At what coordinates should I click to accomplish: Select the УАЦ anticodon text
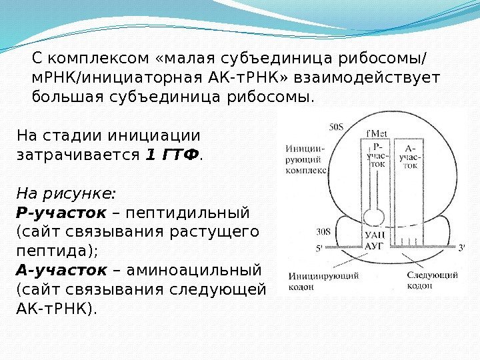pos(375,235)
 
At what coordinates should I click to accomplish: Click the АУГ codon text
pos(375,245)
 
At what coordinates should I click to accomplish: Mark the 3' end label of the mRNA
pos(463,247)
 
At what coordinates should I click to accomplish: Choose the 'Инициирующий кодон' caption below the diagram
pos(315,280)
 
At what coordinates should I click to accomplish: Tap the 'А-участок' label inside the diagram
pos(409,155)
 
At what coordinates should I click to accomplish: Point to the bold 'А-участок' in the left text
pos(60,271)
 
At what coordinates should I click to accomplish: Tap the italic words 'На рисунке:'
pos(65,194)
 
